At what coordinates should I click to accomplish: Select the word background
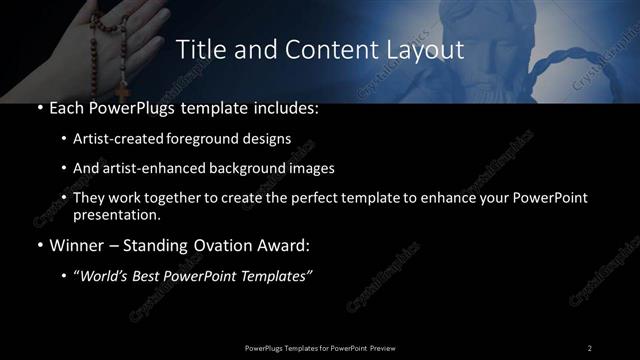click(x=257, y=168)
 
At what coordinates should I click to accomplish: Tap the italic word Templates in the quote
click(x=276, y=276)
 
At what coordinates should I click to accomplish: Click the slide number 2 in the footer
click(x=590, y=347)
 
